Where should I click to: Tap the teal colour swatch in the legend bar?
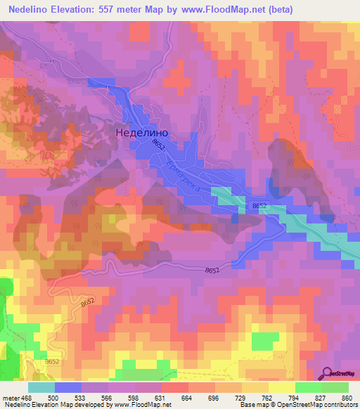41,387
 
